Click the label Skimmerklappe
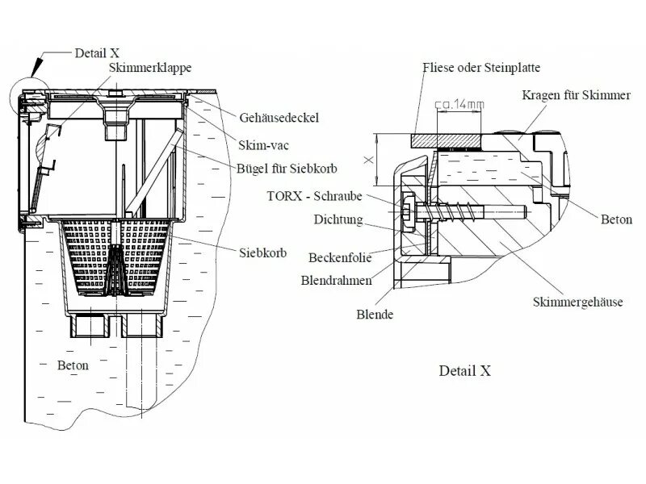coord(150,69)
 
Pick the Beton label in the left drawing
coord(72,365)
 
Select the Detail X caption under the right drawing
coord(464,371)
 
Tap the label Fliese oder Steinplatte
coord(482,68)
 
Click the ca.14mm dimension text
coord(459,105)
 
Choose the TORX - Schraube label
coord(315,196)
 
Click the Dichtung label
coord(339,219)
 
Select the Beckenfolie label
coord(339,258)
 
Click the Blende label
coord(374,314)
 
